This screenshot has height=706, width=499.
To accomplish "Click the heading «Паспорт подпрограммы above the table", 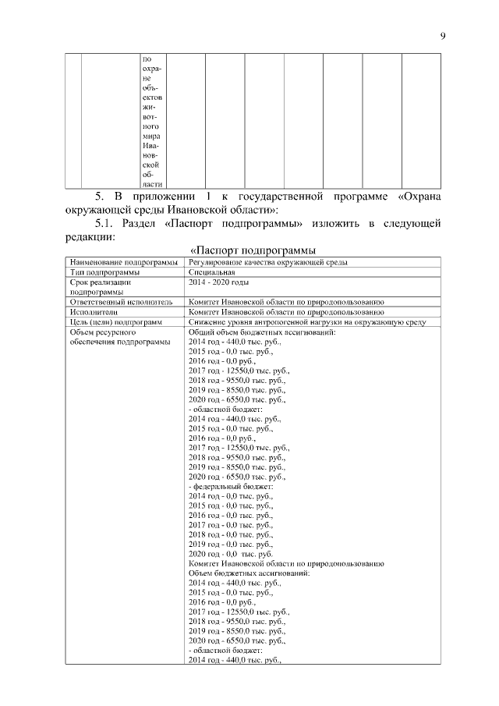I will (253, 250).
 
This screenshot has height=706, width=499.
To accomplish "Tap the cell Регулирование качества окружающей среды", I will (268, 262).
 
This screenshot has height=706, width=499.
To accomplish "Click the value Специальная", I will (211, 272).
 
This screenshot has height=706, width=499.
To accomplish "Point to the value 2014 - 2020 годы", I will (219, 282).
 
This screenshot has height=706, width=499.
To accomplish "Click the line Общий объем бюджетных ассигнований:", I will (262, 332).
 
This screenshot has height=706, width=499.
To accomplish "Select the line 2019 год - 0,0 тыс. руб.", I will (231, 544).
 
